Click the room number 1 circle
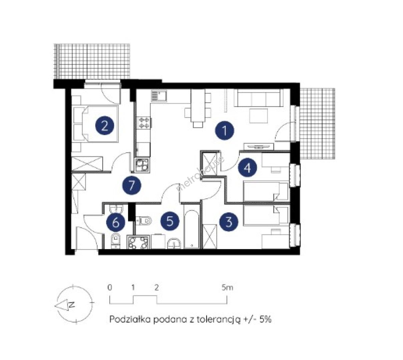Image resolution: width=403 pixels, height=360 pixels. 225,131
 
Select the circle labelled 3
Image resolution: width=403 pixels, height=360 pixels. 229,222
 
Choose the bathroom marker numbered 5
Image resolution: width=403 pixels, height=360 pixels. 170,221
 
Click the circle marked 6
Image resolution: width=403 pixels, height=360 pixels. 116,222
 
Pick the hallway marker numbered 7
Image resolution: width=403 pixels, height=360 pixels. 132,186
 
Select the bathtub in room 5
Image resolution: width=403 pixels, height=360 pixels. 191,226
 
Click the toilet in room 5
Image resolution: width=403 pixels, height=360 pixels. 143,220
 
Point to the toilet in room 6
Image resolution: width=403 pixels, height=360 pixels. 115,241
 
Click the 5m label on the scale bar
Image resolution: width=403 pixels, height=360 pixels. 227,288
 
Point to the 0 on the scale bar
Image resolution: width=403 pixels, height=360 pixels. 109,288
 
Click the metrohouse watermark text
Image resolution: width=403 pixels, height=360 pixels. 201,174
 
